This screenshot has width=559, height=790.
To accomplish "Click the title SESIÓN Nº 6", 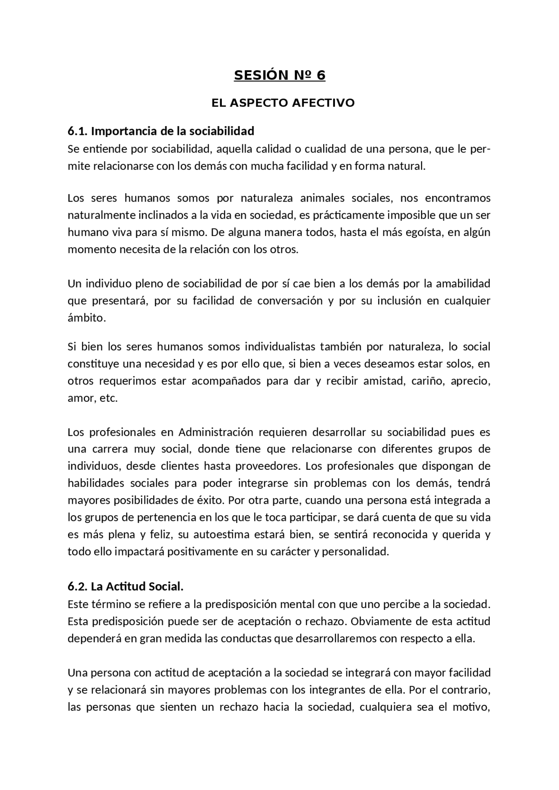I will pos(279,75).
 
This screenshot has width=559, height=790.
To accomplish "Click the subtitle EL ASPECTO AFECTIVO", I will pos(283,103).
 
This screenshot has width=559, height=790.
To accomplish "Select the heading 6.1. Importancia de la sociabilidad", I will pos(161,131).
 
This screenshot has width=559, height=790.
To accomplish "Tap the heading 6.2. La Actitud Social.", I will pos(125,587).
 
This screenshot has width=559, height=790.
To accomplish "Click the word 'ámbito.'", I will pos(86,318).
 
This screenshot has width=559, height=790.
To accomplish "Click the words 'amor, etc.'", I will pos(93,398).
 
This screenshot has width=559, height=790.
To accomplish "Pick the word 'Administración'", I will pos(215,432).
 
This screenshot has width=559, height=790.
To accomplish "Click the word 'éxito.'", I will pos(211,500).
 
